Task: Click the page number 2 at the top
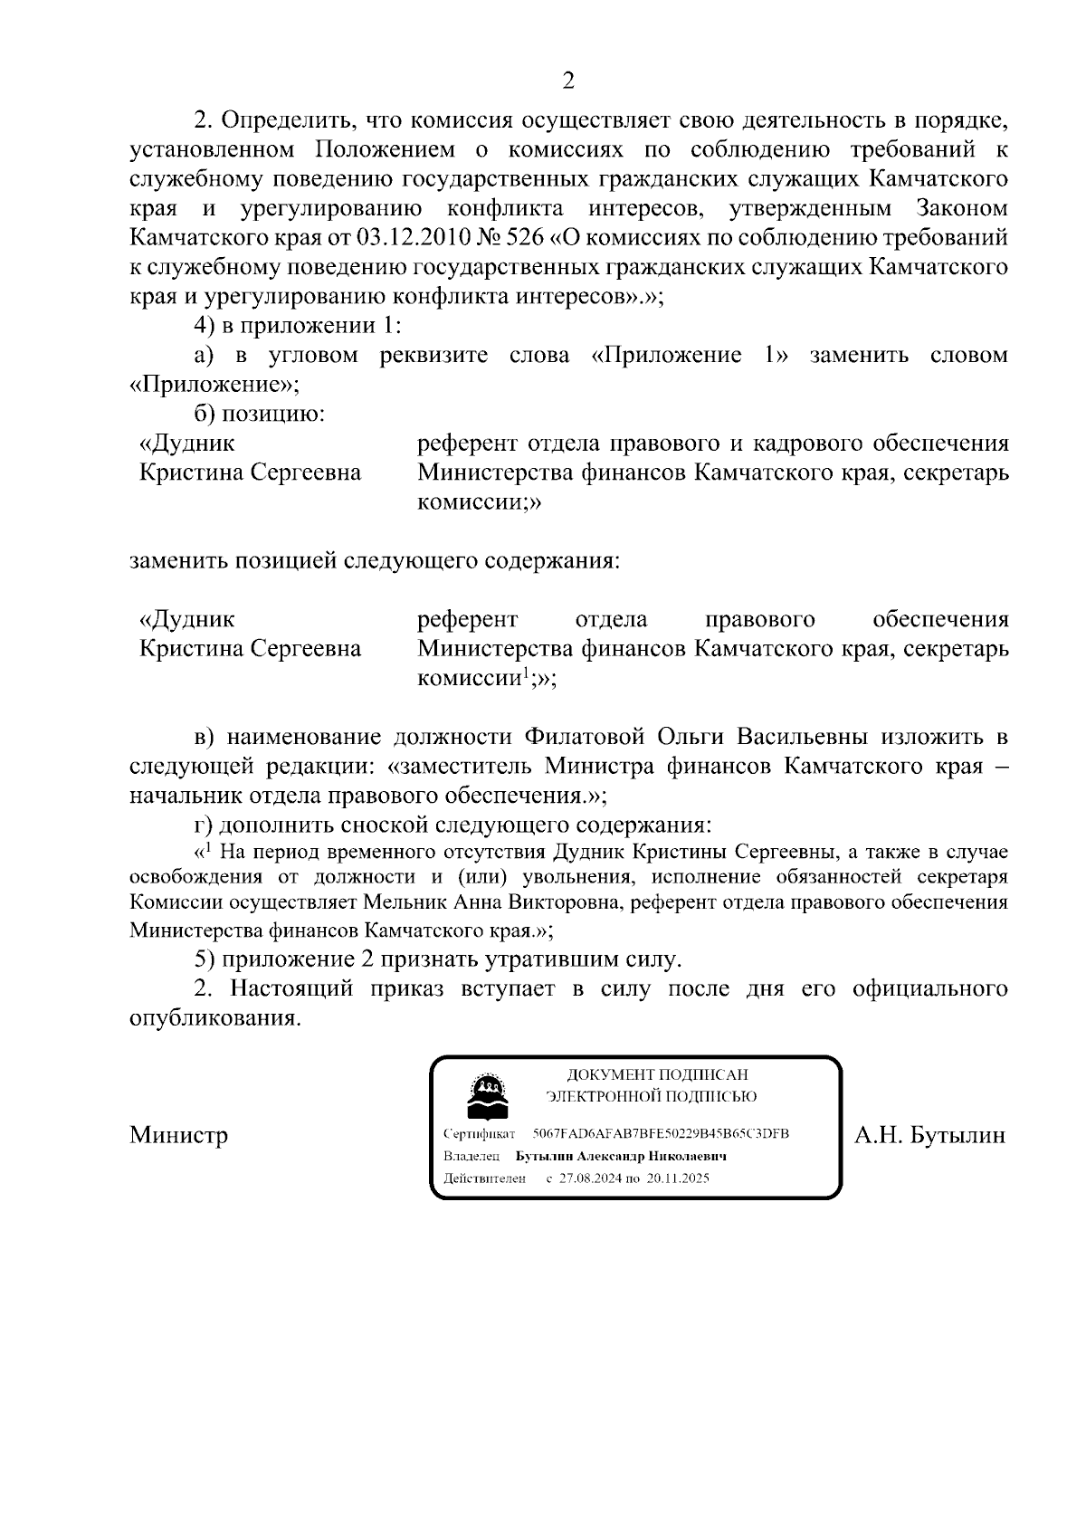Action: [x=568, y=81]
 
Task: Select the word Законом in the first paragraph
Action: [x=962, y=208]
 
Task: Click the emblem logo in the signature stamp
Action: [x=486, y=1097]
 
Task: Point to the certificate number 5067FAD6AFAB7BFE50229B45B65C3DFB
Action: [x=661, y=1133]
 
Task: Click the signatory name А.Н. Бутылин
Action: [x=929, y=1135]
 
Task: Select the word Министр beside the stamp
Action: [x=178, y=1135]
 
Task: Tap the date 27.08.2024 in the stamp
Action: [x=590, y=1178]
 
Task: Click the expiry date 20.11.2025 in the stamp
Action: [x=678, y=1178]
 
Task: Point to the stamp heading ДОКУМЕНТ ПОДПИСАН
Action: [x=657, y=1074]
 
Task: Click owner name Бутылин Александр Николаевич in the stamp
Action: [x=622, y=1156]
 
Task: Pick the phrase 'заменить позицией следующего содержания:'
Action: [x=375, y=560]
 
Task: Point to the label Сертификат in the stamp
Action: [x=480, y=1134]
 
